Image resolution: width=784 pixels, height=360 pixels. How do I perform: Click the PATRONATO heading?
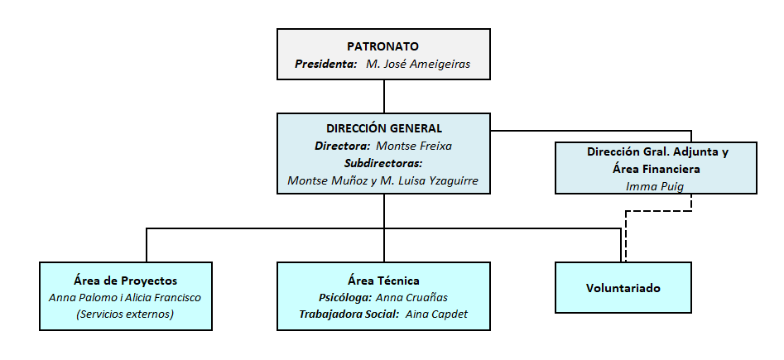(x=383, y=46)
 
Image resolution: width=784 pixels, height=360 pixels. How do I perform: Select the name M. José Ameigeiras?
(x=418, y=64)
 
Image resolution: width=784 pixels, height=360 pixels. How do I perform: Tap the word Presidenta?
(x=325, y=64)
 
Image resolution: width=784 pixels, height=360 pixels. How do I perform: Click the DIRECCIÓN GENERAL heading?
(x=384, y=128)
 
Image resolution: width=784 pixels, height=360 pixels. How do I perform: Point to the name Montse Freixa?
(x=414, y=146)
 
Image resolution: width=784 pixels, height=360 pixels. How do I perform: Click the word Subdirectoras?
(x=383, y=163)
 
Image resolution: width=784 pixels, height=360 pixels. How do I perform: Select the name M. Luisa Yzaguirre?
(x=429, y=180)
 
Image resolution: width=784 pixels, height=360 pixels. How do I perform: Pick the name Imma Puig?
(x=655, y=186)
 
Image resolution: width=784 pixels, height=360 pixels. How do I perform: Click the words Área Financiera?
(x=656, y=169)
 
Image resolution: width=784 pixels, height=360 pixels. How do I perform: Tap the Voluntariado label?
(x=623, y=288)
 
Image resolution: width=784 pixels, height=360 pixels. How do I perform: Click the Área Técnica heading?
(x=383, y=281)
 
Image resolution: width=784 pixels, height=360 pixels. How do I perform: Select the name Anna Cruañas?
(x=411, y=297)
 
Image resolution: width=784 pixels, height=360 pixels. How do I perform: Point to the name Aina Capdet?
(x=436, y=314)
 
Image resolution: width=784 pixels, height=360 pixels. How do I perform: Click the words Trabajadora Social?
(x=349, y=314)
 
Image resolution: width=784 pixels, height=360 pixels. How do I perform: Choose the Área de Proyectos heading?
(x=125, y=281)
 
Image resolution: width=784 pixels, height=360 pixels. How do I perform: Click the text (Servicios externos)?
(x=125, y=314)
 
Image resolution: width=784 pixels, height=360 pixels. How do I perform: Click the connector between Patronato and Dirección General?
(x=384, y=97)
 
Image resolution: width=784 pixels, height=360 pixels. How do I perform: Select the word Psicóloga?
(x=345, y=297)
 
